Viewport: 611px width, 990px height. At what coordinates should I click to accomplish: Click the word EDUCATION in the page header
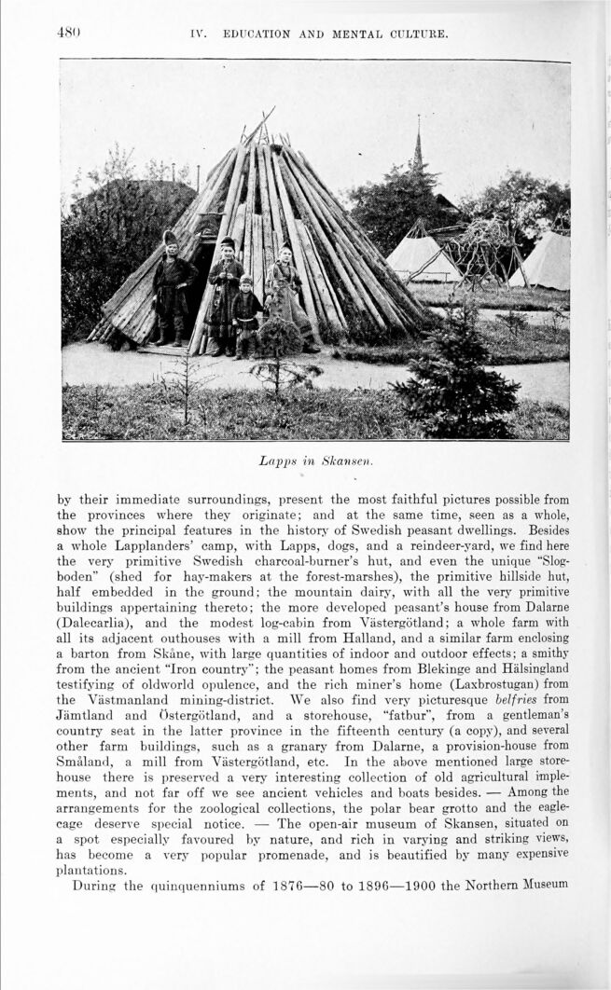point(257,35)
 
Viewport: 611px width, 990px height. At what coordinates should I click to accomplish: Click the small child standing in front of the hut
point(246,316)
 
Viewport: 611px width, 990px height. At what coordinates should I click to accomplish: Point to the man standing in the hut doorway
point(172,284)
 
